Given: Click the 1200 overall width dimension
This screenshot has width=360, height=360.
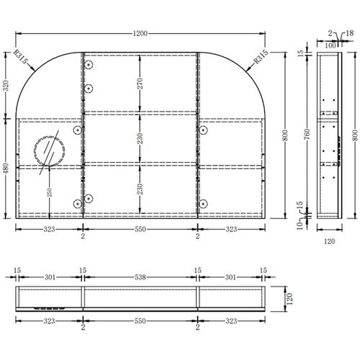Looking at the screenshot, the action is click(x=140, y=34).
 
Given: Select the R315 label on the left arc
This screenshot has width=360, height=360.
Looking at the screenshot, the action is click(x=20, y=57).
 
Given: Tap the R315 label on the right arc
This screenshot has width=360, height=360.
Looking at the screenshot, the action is click(x=261, y=57).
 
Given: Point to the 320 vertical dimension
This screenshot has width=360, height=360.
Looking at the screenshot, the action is click(x=6, y=86).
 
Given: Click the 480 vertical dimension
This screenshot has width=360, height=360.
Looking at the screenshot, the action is click(x=6, y=168).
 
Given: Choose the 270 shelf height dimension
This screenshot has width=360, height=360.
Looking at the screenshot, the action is click(x=140, y=84).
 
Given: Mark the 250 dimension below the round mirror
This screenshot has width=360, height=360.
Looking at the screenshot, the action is click(x=49, y=192).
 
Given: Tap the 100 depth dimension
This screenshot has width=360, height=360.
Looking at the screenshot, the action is click(x=330, y=45).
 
